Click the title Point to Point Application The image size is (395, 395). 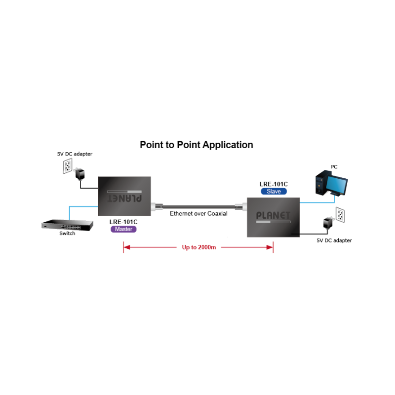coord(197,145)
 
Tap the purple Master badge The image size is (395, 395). coord(123,229)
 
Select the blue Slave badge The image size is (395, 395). coord(274,192)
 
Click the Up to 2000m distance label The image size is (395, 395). coord(199,247)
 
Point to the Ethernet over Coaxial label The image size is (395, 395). coord(198,214)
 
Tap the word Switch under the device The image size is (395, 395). coord(67,234)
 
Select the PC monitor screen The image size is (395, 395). coord(338,185)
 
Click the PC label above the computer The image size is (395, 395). coord(334,167)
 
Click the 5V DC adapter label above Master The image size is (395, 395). coord(75,154)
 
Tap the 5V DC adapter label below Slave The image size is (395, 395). coord(334,240)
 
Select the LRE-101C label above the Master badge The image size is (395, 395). coord(123,222)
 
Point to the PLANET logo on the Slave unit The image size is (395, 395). coord(274,215)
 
